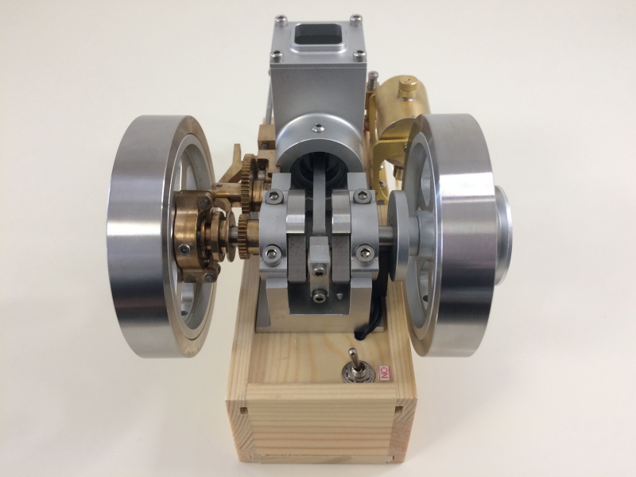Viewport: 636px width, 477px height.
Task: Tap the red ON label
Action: tap(384, 373)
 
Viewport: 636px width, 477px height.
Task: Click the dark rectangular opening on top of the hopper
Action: tap(317, 34)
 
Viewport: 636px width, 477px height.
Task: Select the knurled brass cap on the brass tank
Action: tap(407, 87)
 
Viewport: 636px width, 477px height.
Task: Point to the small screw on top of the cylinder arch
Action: tap(320, 129)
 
